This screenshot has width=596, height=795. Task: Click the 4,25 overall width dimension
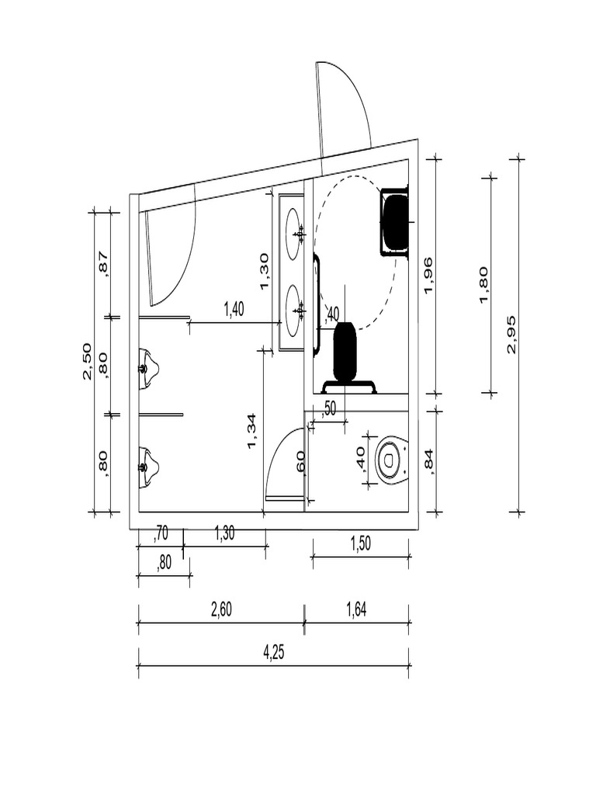pyautogui.click(x=273, y=652)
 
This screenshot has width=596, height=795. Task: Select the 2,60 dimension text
pyautogui.click(x=221, y=609)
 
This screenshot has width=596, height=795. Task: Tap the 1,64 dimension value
pyautogui.click(x=356, y=609)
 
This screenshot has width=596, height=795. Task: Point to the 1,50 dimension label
pyautogui.click(x=360, y=543)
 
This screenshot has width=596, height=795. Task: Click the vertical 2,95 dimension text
pyautogui.click(x=511, y=335)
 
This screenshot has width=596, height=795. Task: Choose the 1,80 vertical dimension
pyautogui.click(x=484, y=285)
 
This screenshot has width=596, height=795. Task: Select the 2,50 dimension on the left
pyautogui.click(x=88, y=361)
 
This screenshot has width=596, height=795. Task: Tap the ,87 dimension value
pyautogui.click(x=103, y=263)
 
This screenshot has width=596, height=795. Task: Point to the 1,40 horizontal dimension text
pyautogui.click(x=234, y=310)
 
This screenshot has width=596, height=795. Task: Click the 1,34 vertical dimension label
pyautogui.click(x=252, y=432)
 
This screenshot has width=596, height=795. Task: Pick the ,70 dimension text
pyautogui.click(x=161, y=533)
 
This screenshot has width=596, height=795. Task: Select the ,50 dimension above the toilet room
pyautogui.click(x=328, y=408)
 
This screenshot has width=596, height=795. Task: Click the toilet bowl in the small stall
pyautogui.click(x=392, y=460)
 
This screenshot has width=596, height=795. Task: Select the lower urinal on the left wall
pyautogui.click(x=147, y=467)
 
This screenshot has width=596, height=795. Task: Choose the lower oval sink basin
pyautogui.click(x=294, y=310)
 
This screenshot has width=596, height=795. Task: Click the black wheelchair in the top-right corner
pyautogui.click(x=395, y=222)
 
